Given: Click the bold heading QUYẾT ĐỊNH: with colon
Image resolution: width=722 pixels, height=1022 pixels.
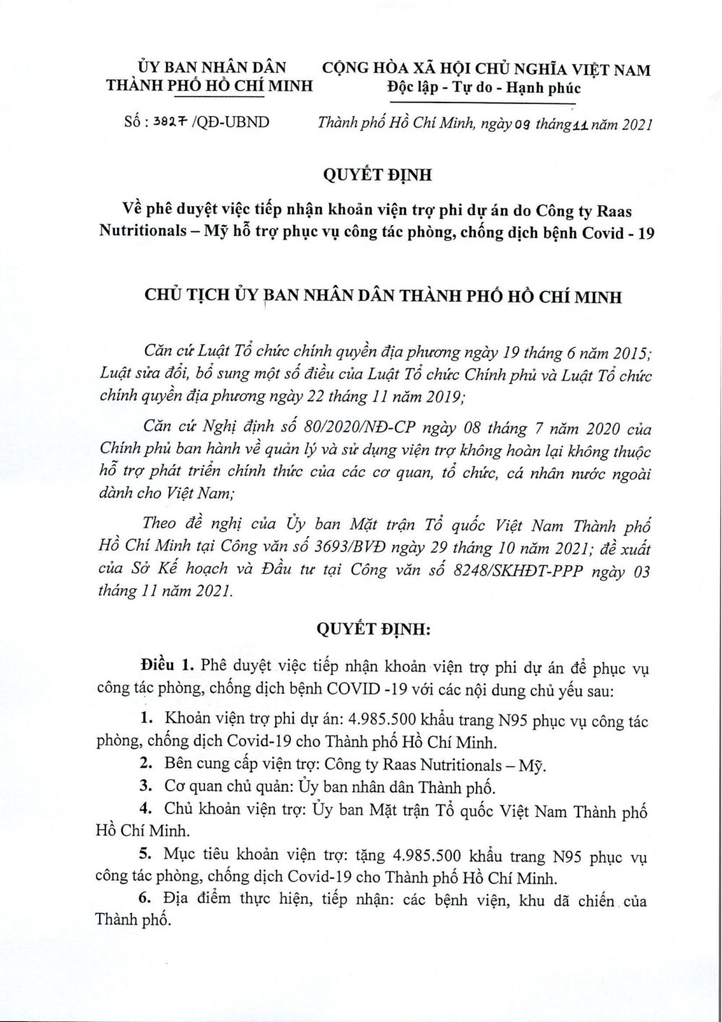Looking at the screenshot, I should point(375,629).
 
